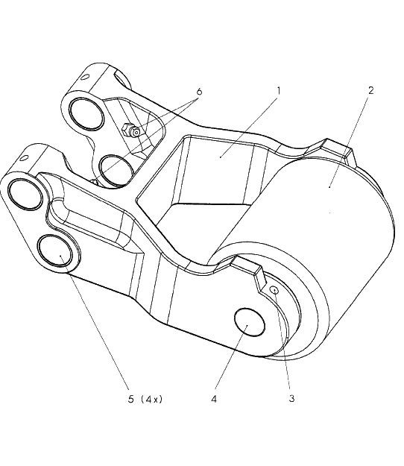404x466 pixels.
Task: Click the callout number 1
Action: pyautogui.click(x=278, y=90)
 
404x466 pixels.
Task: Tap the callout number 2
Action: pyautogui.click(x=371, y=90)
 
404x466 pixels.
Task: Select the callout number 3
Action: pyautogui.click(x=291, y=399)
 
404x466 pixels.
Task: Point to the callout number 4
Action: pyautogui.click(x=214, y=399)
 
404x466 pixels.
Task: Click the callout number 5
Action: pyautogui.click(x=131, y=399)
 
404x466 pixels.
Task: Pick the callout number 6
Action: pyautogui.click(x=199, y=92)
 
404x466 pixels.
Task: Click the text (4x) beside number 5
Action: pyautogui.click(x=152, y=399)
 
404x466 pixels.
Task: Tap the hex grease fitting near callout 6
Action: pyautogui.click(x=131, y=130)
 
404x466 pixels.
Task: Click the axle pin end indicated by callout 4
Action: pyautogui.click(x=249, y=322)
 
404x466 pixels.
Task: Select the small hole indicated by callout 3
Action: pyautogui.click(x=275, y=289)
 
